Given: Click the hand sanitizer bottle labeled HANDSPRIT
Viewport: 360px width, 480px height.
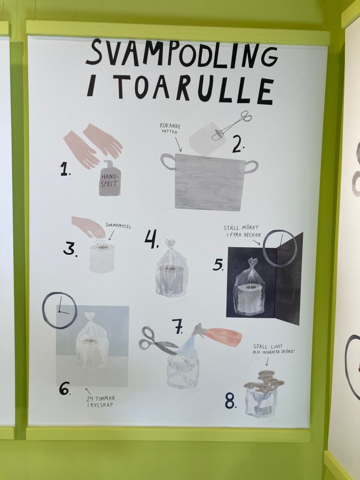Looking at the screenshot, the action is (110, 178).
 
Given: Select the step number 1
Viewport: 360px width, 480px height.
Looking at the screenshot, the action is (65, 169).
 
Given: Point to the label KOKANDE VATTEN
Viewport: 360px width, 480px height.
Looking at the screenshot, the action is (170, 129).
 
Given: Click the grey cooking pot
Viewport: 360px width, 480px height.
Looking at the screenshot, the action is (209, 181).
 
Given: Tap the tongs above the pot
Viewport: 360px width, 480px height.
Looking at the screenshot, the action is (232, 125).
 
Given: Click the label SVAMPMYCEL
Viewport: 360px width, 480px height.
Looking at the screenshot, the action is (118, 226).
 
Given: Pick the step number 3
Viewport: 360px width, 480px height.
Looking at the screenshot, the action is (70, 248).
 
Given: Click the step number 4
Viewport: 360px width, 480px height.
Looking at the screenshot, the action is (151, 239).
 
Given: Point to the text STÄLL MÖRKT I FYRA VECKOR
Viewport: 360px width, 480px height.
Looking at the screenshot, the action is (242, 231).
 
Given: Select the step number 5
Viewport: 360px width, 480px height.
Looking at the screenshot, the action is (218, 264).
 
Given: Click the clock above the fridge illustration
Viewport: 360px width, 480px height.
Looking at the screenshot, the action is (43, 310).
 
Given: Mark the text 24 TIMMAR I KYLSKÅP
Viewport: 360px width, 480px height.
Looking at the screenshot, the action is (100, 402).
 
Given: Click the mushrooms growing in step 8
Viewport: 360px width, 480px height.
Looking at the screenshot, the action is (264, 381).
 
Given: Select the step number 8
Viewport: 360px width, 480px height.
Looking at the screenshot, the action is (231, 401).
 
